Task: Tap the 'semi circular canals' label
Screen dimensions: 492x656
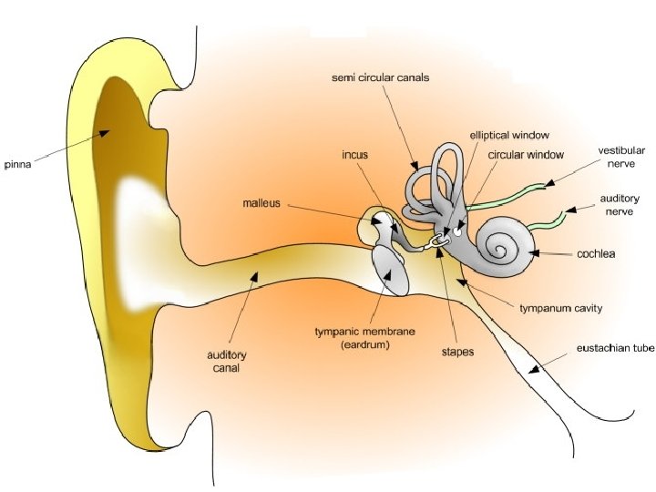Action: pyautogui.click(x=380, y=78)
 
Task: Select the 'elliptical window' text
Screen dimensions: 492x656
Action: pyautogui.click(x=509, y=135)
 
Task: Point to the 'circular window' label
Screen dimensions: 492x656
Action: pyautogui.click(x=527, y=155)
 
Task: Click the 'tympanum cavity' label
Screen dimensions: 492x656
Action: pyautogui.click(x=560, y=308)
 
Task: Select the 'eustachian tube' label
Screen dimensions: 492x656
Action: pyautogui.click(x=616, y=349)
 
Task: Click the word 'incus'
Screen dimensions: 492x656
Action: pyautogui.click(x=355, y=156)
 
